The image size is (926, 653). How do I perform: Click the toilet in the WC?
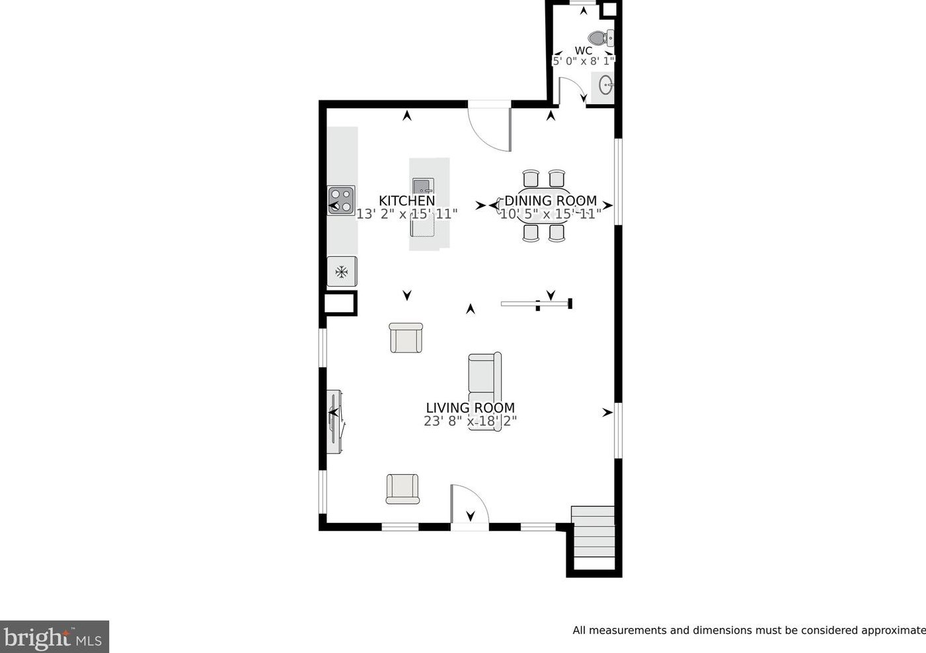tap(601, 38)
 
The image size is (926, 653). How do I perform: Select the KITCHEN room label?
tap(406, 201)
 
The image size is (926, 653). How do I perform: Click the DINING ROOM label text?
tap(551, 201)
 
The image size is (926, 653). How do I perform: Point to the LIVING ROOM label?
tap(471, 407)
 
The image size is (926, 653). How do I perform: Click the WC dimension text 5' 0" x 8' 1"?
tap(584, 61)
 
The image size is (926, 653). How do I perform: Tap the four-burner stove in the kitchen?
tap(341, 200)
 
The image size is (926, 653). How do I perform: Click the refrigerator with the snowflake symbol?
tap(342, 271)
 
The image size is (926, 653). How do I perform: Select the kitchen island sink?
tap(423, 187)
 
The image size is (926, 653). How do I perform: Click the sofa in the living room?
tap(485, 392)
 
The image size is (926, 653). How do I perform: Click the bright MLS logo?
tap(54, 636)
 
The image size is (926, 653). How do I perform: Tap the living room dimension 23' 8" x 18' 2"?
tap(471, 421)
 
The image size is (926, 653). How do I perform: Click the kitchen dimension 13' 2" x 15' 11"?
tap(406, 214)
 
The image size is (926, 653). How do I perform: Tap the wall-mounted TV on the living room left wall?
tap(334, 421)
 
